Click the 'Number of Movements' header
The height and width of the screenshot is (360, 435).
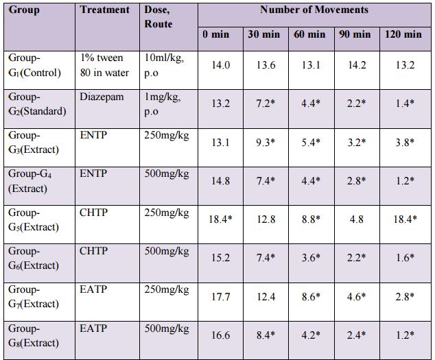313,10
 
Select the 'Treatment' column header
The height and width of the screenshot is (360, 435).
104,10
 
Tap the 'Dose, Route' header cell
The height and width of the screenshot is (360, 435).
158,17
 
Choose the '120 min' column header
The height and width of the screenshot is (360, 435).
403,34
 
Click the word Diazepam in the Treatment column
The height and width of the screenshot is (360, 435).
102,97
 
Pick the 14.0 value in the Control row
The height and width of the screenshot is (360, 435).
220,66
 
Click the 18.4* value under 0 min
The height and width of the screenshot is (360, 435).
220,220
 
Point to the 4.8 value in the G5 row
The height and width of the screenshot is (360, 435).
355,220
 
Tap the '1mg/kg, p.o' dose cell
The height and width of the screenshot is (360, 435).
163,104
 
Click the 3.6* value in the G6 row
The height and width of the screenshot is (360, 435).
310,259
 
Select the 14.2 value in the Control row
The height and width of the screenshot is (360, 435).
355,66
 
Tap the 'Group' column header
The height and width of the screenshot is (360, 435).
25,10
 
